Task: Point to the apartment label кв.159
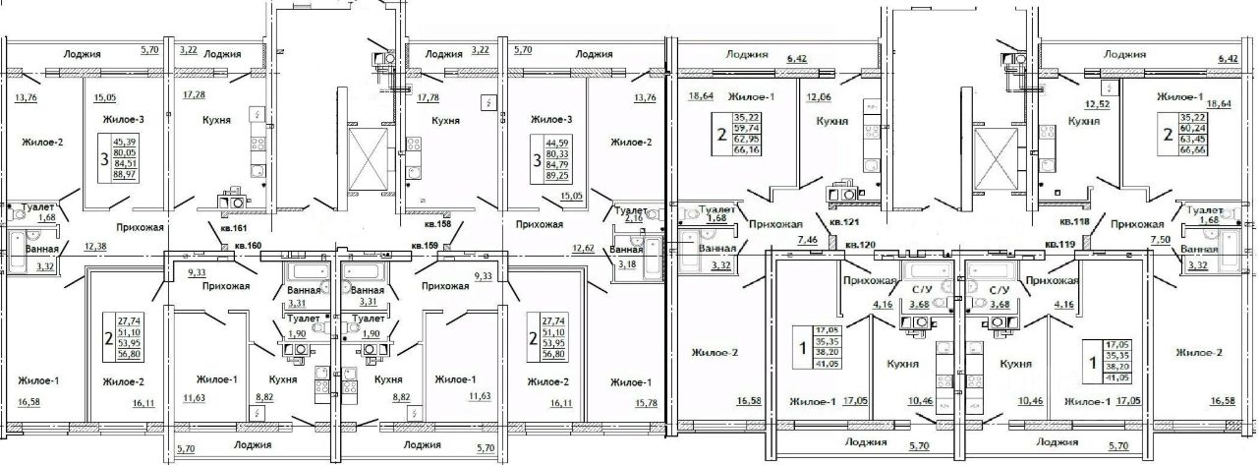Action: [x=425, y=245]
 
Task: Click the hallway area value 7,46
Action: [x=808, y=240]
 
